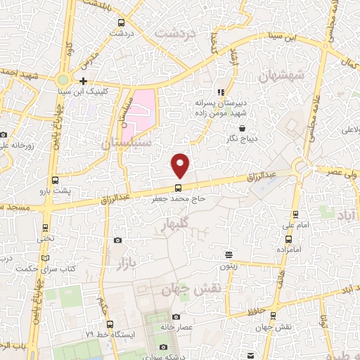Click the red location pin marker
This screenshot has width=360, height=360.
pyautogui.click(x=181, y=165)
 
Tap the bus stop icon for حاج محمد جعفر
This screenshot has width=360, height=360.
pyautogui.click(x=178, y=188)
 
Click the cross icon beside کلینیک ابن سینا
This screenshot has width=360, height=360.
pyautogui.click(x=84, y=81)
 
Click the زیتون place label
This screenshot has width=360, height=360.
pyautogui.click(x=228, y=266)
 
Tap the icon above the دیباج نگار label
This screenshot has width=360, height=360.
pyautogui.click(x=243, y=128)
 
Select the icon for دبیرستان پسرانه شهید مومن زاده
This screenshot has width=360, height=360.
pyautogui.click(x=221, y=91)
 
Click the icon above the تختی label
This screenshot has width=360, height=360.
pyautogui.click(x=46, y=228)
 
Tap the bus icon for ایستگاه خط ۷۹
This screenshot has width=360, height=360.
pyautogui.click(x=110, y=324)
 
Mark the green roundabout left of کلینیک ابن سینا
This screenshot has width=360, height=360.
pyautogui.click(x=63, y=80)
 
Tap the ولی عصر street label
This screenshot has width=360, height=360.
pyautogui.click(x=343, y=171)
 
